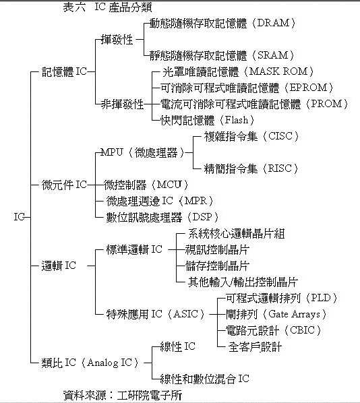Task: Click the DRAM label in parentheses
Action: point(274,24)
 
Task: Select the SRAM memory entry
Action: point(222,55)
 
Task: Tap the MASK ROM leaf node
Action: point(238,71)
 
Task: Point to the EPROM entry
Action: point(247,88)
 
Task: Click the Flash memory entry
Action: point(208,120)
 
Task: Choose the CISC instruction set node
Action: point(251,136)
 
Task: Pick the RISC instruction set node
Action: point(251,168)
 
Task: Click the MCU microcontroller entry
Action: point(146,185)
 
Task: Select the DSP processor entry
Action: point(162,217)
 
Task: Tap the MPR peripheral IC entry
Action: point(160,201)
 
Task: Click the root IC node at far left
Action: point(19,217)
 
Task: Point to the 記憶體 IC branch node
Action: point(64,71)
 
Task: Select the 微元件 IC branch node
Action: point(64,185)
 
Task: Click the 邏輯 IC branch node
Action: point(59,266)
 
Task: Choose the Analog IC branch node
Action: point(90,363)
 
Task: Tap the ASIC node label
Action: point(156,314)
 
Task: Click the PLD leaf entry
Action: point(281,298)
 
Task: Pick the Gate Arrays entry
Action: point(276,314)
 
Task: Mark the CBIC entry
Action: point(273,330)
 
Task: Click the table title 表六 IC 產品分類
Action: point(108,7)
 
